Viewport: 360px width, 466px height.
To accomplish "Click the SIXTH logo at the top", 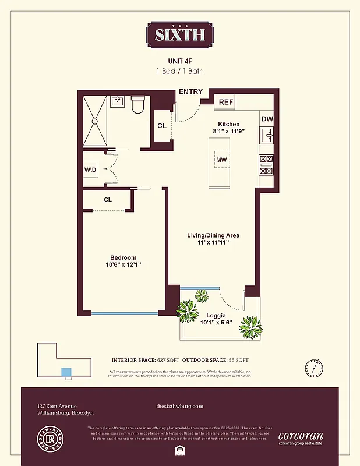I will [179, 34].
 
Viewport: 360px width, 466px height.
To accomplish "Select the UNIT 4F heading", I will [179, 61].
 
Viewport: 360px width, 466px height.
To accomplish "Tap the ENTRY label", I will [190, 91].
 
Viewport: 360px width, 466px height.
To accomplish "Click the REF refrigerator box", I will [225, 102].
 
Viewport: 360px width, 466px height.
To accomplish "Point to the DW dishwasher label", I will [267, 119].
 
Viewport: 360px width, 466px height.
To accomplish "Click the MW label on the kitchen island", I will [221, 160].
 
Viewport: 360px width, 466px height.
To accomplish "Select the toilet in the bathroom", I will [138, 105].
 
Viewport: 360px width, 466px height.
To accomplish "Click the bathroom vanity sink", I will [118, 101].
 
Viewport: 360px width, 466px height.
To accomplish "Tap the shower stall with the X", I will [95, 121].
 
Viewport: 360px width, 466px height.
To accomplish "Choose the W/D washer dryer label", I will [90, 170].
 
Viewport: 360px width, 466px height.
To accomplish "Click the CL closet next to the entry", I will [161, 126].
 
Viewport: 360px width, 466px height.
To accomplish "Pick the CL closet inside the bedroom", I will [108, 199].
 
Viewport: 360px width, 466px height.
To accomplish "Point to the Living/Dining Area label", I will [213, 235].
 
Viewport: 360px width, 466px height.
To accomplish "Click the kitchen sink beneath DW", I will [267, 137].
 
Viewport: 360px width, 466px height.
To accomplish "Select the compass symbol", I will [312, 368].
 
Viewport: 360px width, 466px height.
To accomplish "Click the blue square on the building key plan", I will [66, 372].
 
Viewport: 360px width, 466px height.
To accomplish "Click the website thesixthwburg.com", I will [180, 406].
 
